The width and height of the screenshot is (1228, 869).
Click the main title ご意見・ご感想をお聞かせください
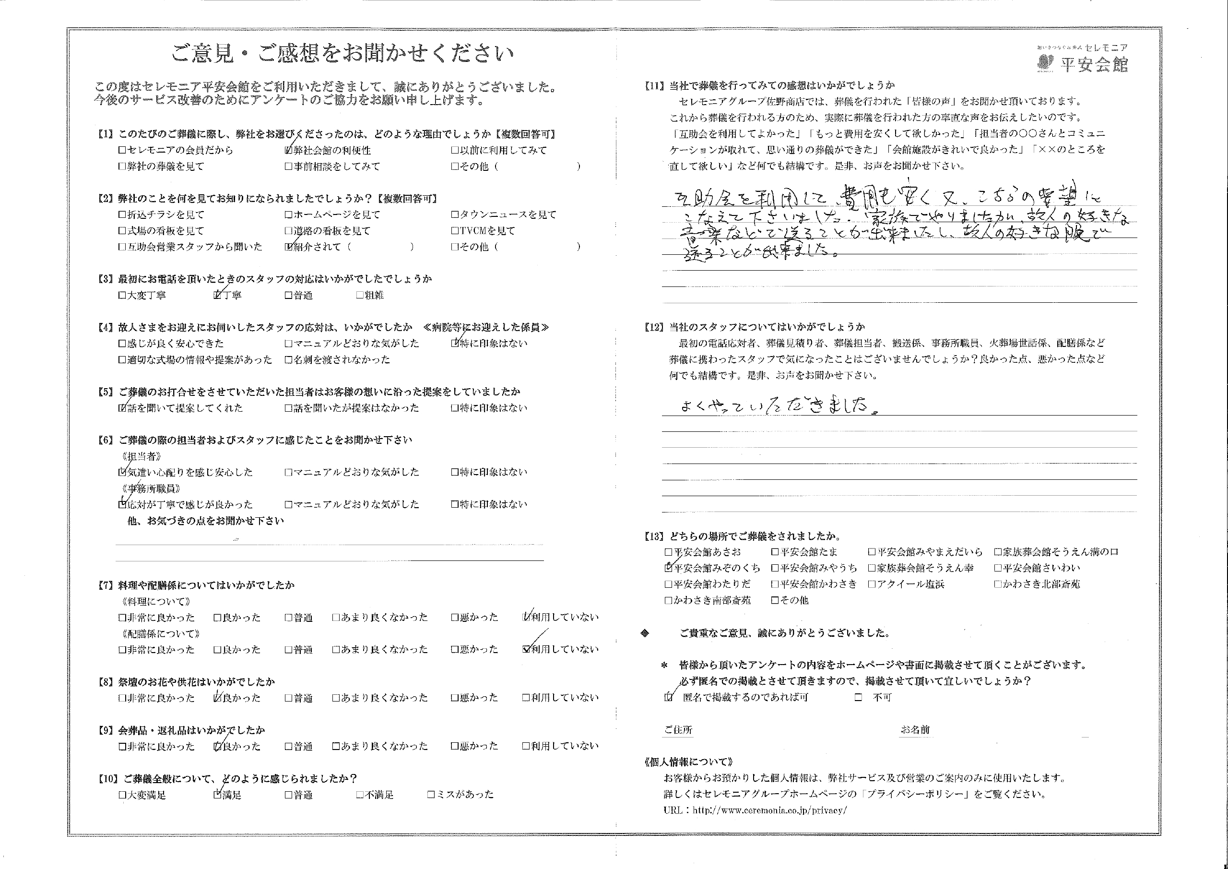342,53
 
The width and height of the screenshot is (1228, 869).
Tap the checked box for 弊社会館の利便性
289,151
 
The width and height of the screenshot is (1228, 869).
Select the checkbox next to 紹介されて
289,247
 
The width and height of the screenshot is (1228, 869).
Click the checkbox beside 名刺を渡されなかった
289,360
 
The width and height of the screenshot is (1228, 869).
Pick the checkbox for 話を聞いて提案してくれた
122,408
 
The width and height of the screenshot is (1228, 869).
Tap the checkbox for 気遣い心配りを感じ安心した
122,473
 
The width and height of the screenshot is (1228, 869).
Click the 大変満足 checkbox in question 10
122,795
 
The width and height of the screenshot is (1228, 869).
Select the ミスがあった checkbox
431,795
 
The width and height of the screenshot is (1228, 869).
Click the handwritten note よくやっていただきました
778,406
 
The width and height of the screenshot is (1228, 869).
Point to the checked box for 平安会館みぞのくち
668,568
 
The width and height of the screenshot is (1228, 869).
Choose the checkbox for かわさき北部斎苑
997,584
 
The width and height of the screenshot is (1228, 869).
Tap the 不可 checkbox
859,698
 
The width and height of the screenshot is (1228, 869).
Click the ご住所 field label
678,730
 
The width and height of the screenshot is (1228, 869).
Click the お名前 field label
915,730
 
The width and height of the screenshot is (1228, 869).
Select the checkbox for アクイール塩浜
872,584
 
